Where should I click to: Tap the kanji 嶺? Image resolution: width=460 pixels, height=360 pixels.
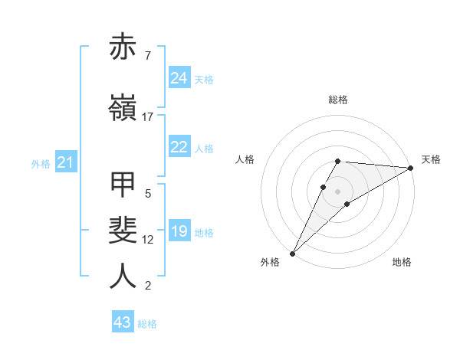123,108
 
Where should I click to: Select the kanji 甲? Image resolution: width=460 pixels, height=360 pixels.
123,185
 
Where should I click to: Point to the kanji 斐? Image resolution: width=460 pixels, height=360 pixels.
123,231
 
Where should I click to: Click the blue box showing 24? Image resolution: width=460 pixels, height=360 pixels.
179,78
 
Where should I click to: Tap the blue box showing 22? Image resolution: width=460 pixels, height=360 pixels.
179,148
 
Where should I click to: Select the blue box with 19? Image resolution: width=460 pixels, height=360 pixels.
179,232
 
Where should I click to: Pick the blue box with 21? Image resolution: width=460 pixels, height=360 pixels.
65,163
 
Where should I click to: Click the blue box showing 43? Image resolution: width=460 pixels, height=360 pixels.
123,322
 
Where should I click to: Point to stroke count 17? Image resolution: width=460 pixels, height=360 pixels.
148,117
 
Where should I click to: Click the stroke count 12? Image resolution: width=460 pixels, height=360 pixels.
148,240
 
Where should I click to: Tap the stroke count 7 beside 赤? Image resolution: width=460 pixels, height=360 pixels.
148,55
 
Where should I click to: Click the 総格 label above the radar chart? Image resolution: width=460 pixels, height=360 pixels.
338,100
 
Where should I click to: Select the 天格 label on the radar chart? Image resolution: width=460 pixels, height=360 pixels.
432,159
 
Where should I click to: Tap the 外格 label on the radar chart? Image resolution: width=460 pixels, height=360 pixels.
270,262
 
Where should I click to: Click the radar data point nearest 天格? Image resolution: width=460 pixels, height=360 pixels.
411,168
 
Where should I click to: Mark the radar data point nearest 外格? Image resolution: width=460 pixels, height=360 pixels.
292,254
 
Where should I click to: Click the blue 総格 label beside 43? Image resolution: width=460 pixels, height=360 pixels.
147,324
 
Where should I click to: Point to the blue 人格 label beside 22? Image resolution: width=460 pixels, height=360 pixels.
204,149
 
